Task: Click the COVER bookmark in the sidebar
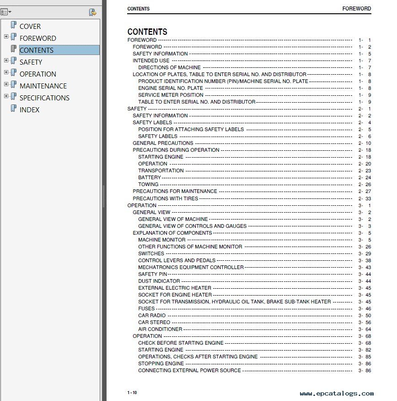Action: tap(30, 27)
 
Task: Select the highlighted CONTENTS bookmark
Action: tap(37, 50)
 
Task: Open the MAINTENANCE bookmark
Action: tap(43, 86)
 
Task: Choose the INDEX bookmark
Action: tap(29, 110)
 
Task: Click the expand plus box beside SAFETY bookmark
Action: tap(6, 60)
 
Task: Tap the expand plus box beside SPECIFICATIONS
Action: tap(6, 96)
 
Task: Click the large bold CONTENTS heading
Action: tap(147, 32)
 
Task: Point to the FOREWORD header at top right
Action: tap(356, 9)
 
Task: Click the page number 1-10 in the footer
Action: tap(132, 393)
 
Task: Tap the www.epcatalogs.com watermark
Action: tap(337, 394)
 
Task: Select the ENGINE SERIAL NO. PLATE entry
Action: tap(170, 88)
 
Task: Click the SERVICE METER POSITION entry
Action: tap(171, 95)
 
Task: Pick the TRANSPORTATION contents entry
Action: tap(161, 170)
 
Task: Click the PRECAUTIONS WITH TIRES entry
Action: tap(165, 198)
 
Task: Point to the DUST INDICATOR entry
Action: tap(159, 281)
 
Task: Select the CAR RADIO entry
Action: tap(152, 315)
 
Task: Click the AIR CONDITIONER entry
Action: tap(160, 329)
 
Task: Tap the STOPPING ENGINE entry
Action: tap(161, 363)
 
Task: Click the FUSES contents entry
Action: tap(146, 308)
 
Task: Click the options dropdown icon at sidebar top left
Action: tap(6, 12)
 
